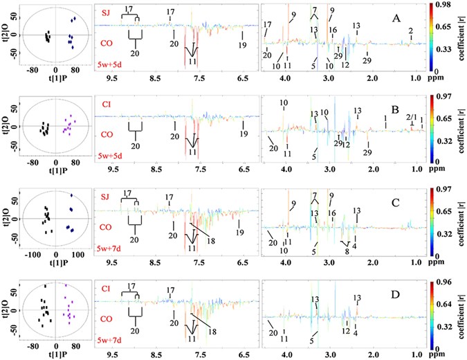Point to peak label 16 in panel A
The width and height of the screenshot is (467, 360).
(333, 30)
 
